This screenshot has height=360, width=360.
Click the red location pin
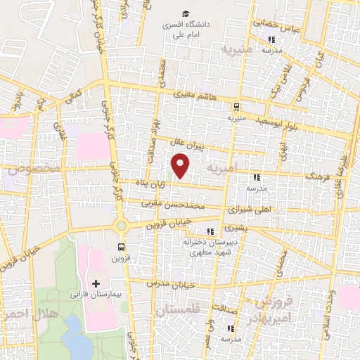click(x=181, y=165)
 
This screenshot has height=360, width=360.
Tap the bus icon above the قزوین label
click(x=122, y=247)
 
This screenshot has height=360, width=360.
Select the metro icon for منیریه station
click(x=236, y=107)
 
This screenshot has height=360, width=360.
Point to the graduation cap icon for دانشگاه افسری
click(x=186, y=13)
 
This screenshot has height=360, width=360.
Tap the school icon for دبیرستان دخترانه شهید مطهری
click(x=209, y=231)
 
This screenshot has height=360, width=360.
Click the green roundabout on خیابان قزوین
click(x=121, y=226)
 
